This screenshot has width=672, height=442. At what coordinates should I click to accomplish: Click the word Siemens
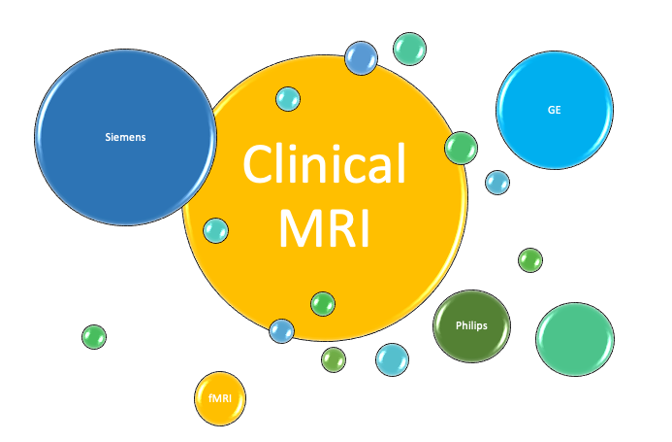[125, 137]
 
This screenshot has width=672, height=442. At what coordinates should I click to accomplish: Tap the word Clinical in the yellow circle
[324, 164]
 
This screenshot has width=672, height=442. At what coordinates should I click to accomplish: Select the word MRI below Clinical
[324, 227]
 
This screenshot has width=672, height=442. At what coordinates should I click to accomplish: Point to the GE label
[554, 110]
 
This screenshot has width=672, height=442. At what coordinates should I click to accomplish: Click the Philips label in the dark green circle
[471, 325]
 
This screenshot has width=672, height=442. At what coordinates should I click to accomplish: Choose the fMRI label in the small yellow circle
[220, 398]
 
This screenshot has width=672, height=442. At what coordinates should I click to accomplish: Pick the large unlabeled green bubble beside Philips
[575, 339]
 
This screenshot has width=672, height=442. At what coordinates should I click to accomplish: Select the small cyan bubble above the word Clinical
[288, 98]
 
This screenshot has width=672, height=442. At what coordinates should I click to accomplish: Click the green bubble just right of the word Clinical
[462, 148]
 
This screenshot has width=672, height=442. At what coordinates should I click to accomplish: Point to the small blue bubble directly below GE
[497, 182]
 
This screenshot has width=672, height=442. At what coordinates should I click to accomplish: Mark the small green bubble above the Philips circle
[529, 259]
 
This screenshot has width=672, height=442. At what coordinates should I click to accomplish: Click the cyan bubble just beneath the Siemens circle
[215, 230]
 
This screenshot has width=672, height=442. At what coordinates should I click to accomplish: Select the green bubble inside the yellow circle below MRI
[323, 303]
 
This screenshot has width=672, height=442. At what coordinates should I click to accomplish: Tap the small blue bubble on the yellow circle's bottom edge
[281, 330]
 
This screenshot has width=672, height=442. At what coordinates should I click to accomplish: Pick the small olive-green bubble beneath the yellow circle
[333, 358]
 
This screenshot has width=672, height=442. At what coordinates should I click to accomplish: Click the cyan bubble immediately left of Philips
[393, 359]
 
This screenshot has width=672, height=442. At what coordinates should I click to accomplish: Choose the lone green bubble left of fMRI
[94, 337]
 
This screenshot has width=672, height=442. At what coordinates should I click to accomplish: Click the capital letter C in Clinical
[258, 164]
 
